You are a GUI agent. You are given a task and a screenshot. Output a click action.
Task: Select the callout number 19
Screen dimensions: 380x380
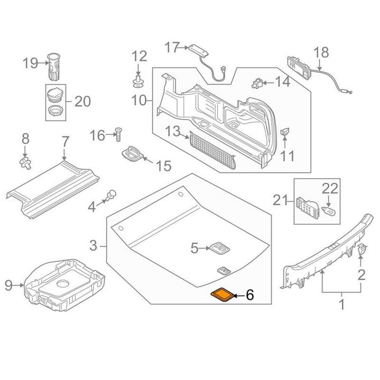tap(30, 63)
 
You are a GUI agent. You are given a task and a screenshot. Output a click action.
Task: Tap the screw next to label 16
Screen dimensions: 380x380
tap(118, 134)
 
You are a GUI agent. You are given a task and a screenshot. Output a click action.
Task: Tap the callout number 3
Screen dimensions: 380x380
tap(93, 246)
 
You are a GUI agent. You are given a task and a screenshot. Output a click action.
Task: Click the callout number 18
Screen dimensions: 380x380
tap(321, 51)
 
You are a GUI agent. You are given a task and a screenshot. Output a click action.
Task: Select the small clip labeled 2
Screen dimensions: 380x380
tap(361, 249)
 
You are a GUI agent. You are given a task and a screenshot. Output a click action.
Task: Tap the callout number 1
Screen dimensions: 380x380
tap(341, 304)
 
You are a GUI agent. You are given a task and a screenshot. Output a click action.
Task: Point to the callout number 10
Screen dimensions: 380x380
tap(140, 100)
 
